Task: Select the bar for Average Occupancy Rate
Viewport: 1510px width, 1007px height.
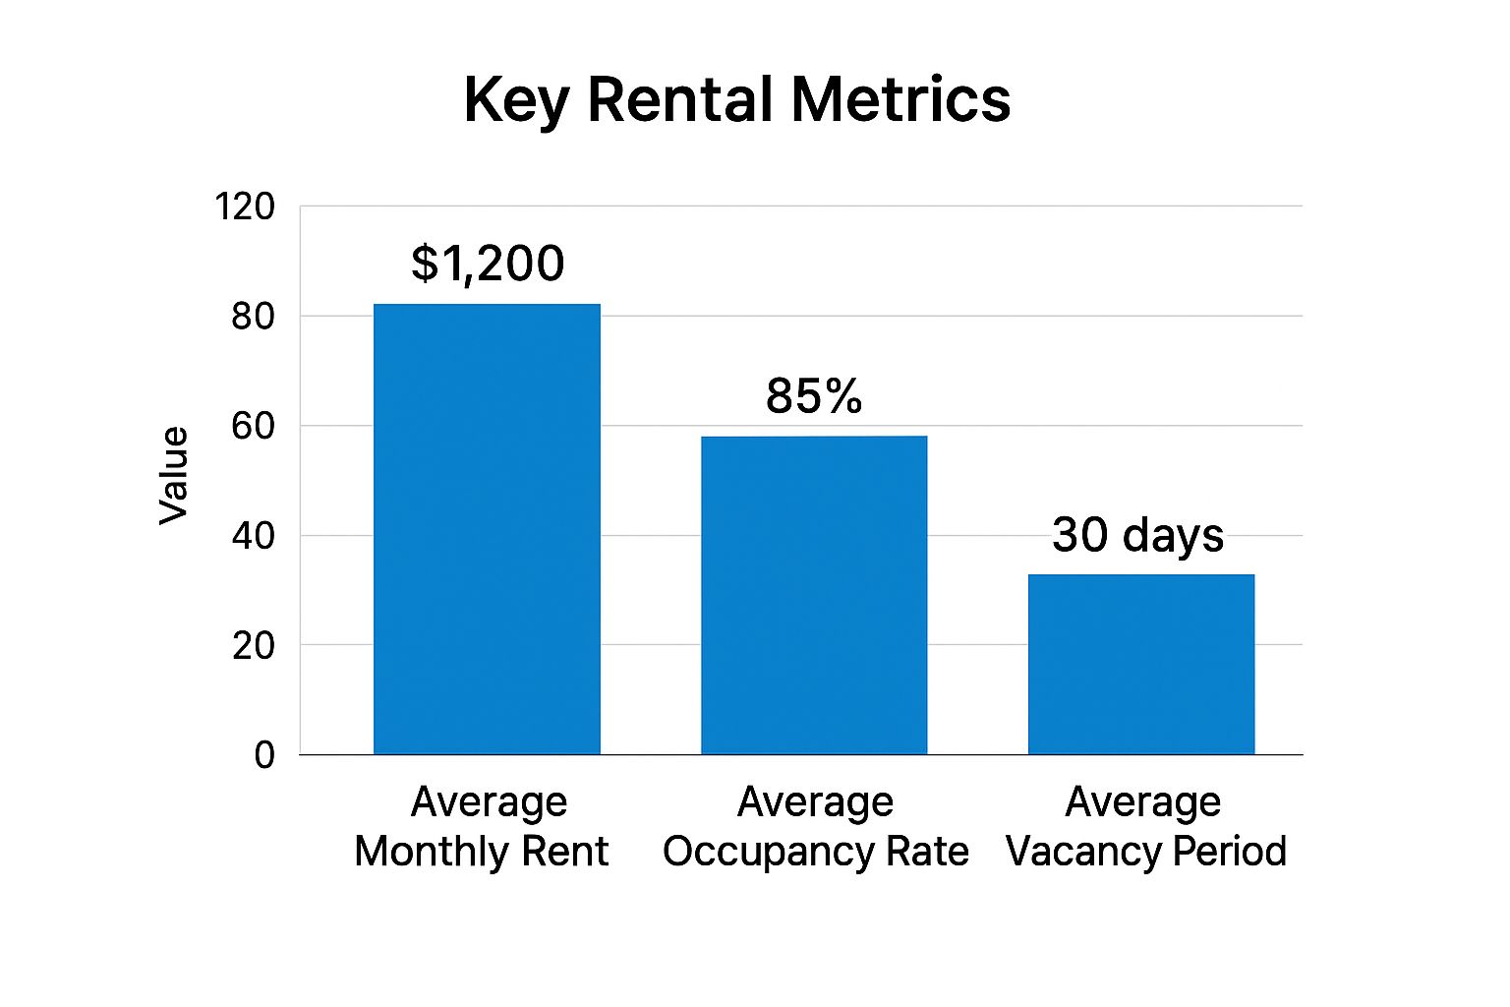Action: coord(814,595)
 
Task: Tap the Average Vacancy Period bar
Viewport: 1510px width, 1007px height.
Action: coord(1141,664)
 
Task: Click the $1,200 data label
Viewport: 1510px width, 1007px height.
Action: coord(488,264)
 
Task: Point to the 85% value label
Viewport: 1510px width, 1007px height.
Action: coord(814,396)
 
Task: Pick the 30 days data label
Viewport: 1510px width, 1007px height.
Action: coord(1137,535)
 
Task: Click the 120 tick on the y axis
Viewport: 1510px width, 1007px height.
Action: coord(245,207)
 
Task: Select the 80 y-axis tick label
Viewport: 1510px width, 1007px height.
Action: coord(253,317)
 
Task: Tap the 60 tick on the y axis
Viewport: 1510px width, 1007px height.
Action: coord(253,426)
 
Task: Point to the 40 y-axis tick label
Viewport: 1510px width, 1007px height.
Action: coord(253,536)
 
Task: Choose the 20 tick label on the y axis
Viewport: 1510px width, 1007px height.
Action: coord(253,646)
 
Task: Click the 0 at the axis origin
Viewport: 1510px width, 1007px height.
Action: coord(264,755)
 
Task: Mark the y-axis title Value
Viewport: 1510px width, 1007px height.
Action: coord(174,476)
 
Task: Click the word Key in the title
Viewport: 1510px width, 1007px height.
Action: coord(515,101)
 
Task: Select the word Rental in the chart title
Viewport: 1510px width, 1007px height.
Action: coord(679,99)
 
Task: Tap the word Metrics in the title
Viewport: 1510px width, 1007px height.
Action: coord(900,99)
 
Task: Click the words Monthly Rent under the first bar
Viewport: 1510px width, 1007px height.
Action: coord(481,852)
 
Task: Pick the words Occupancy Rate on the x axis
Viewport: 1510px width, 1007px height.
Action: coord(815,852)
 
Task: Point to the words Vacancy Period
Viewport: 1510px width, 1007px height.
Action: coord(1145,852)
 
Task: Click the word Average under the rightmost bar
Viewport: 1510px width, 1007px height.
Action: coord(1142,802)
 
